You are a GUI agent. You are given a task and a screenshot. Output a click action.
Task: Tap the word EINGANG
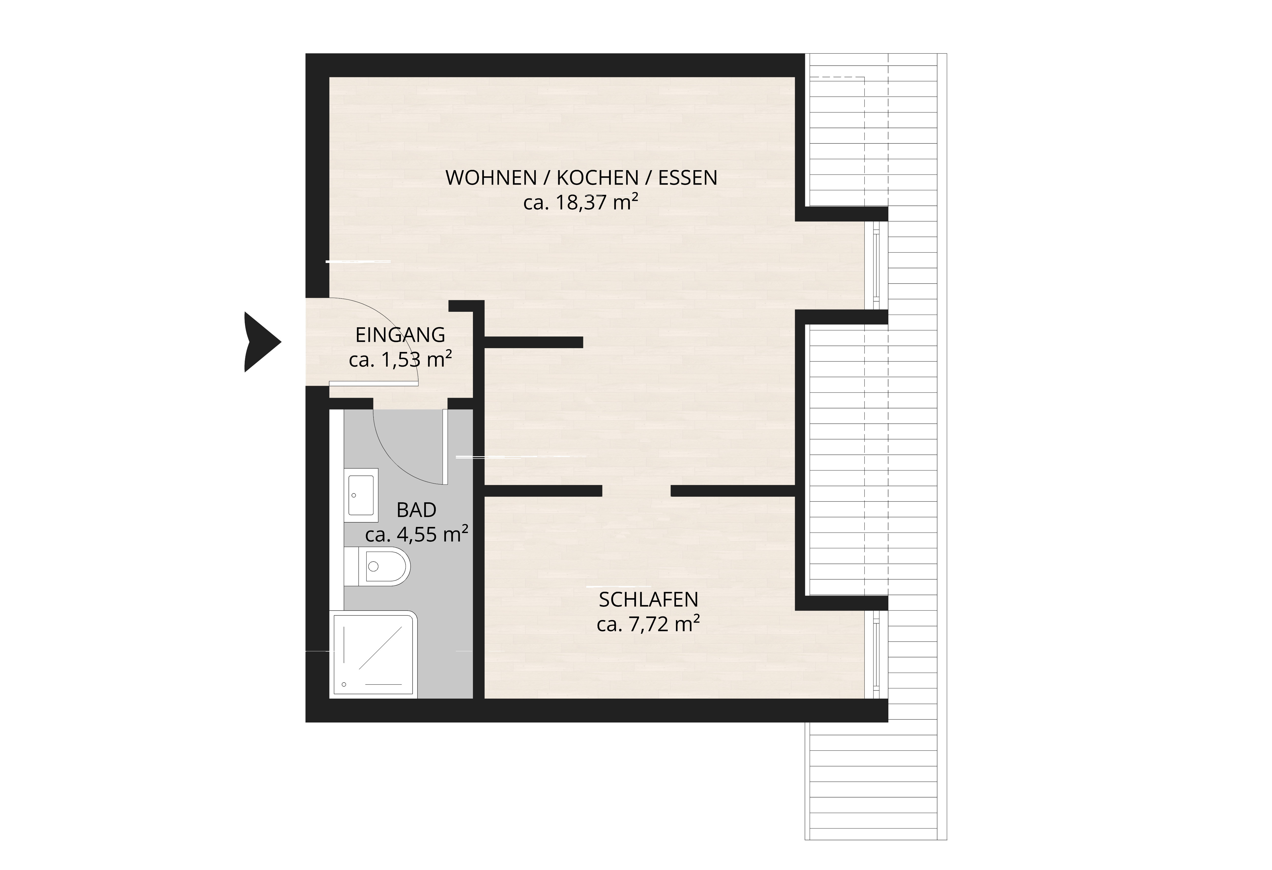[x=400, y=335]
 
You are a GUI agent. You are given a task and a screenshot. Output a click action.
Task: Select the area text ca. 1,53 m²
[x=400, y=360]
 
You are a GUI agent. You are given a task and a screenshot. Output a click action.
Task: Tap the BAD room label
[x=416, y=510]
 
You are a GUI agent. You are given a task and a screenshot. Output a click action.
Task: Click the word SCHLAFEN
[x=648, y=600]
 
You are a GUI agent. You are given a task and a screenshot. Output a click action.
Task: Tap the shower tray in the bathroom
[x=373, y=654]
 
